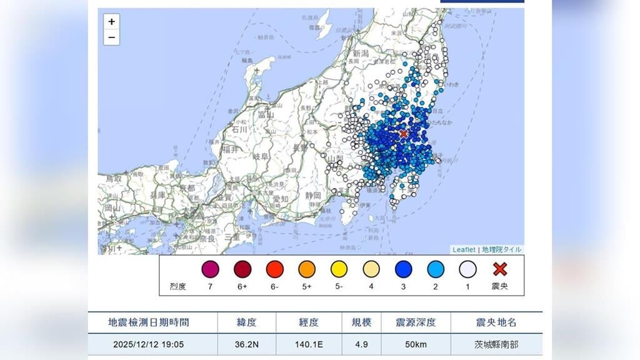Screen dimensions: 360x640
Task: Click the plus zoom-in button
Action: point(111,21)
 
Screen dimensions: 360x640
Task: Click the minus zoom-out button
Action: point(111,37)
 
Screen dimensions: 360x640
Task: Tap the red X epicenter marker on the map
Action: point(404,134)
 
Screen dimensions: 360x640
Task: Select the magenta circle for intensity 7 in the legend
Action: point(210,269)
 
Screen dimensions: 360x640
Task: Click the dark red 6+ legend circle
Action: point(242,269)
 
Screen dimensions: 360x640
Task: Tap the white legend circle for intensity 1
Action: point(467,269)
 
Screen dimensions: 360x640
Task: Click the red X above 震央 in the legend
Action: point(500,269)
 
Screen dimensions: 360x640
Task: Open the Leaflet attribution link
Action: point(464,249)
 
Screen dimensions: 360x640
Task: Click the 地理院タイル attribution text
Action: point(502,249)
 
